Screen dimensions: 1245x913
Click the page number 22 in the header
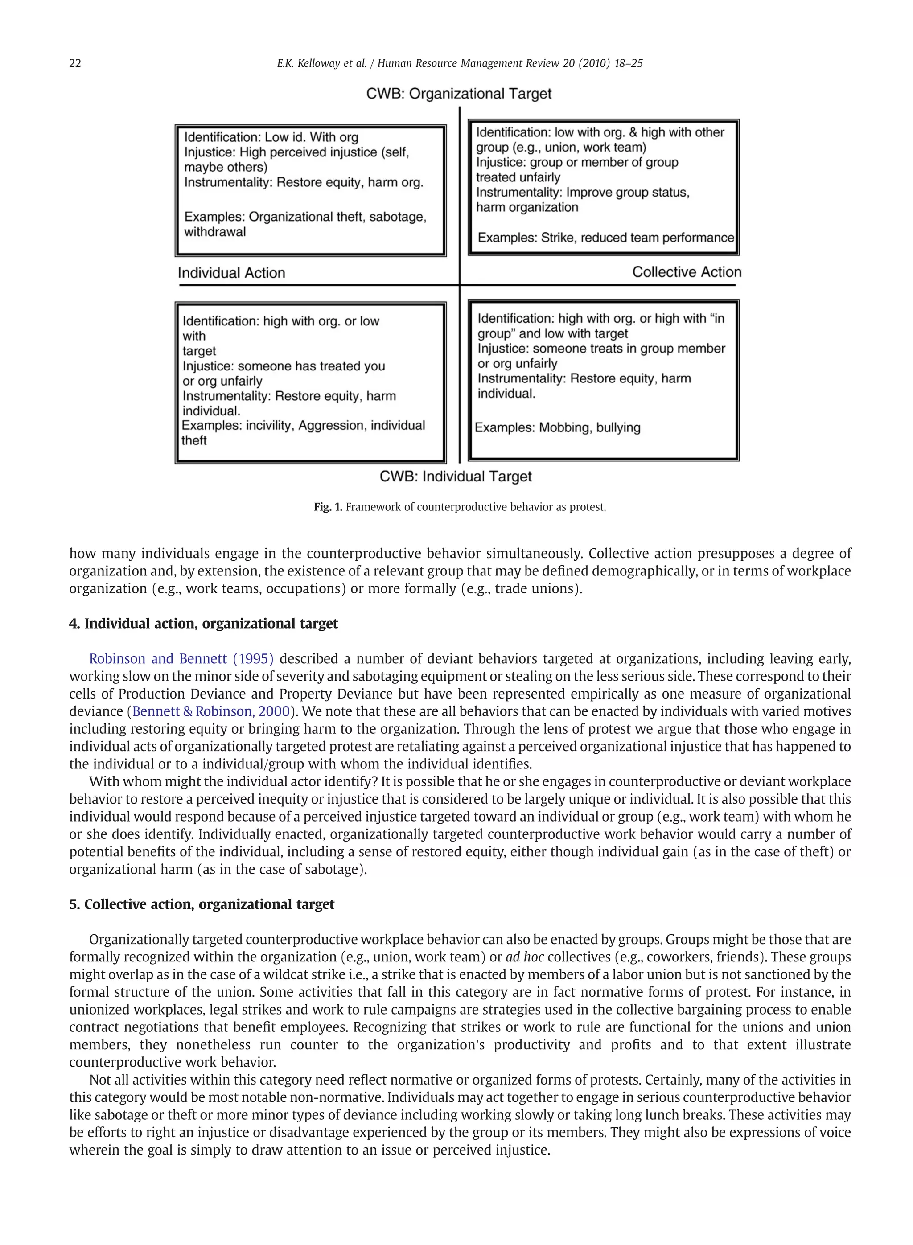point(75,64)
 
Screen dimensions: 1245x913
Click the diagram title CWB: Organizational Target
point(459,94)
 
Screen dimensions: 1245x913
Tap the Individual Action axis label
point(231,273)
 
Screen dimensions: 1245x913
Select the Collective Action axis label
point(687,272)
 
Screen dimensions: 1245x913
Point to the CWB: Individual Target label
point(456,477)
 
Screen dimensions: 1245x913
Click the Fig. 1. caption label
point(328,507)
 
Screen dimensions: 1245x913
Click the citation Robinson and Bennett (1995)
point(181,659)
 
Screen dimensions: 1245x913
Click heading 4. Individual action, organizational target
point(203,624)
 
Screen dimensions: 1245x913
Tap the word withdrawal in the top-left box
point(215,232)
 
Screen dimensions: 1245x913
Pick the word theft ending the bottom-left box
point(194,440)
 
